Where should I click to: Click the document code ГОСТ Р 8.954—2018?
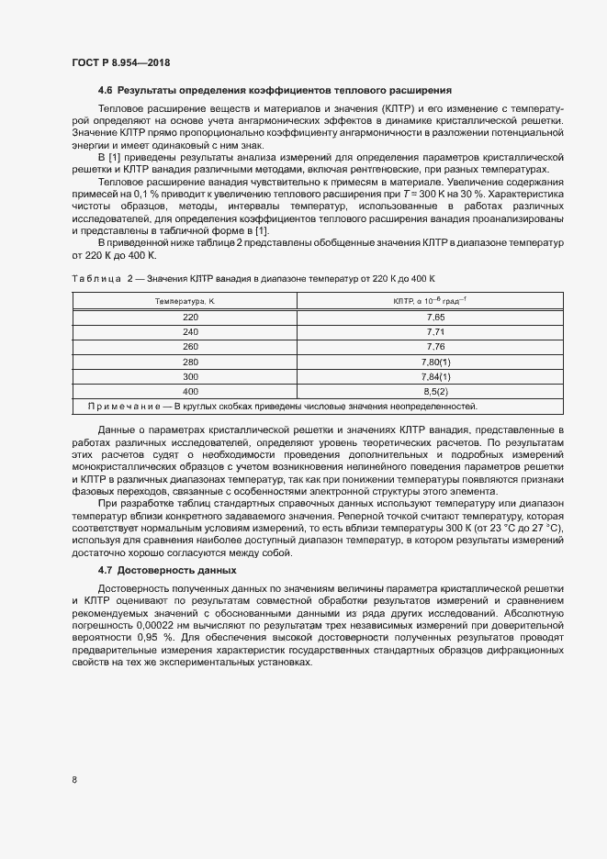pos(120,62)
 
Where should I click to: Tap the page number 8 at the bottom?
pos(74,780)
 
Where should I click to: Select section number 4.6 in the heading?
pos(106,90)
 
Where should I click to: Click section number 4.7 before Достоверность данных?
pos(106,570)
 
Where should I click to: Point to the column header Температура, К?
pos(185,300)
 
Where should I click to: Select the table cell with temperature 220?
pos(190,317)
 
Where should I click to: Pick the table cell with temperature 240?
pos(190,331)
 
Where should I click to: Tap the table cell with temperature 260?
pos(190,346)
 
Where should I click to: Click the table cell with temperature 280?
pos(190,362)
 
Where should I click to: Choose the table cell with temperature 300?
pos(190,376)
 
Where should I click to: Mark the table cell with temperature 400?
pos(190,391)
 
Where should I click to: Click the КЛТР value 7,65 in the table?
pos(435,317)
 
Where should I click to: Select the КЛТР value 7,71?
pos(435,331)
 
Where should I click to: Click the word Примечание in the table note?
pos(124,406)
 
